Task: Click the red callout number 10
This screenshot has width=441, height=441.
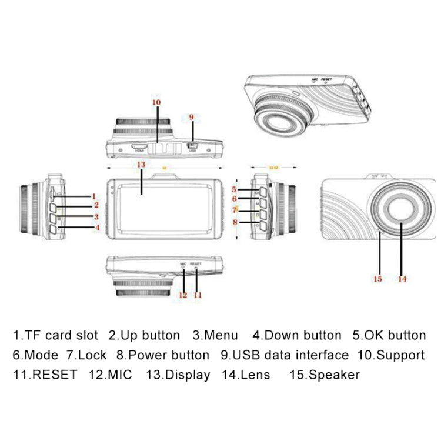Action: (156, 102)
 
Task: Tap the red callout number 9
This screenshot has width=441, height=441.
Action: (191, 117)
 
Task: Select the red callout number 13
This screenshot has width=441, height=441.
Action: (141, 164)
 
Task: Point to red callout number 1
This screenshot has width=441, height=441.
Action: (93, 196)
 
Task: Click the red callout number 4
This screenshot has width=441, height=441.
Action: (96, 227)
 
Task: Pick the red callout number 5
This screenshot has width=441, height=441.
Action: (234, 189)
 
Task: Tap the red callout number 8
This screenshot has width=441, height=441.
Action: (234, 222)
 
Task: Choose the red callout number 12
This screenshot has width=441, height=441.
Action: (182, 295)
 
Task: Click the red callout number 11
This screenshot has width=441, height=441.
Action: (198, 295)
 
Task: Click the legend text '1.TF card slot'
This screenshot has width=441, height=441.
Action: (55, 336)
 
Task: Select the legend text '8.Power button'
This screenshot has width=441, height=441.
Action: (162, 355)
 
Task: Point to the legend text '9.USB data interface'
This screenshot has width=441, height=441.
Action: (285, 355)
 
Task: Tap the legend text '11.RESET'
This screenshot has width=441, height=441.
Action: (45, 375)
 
